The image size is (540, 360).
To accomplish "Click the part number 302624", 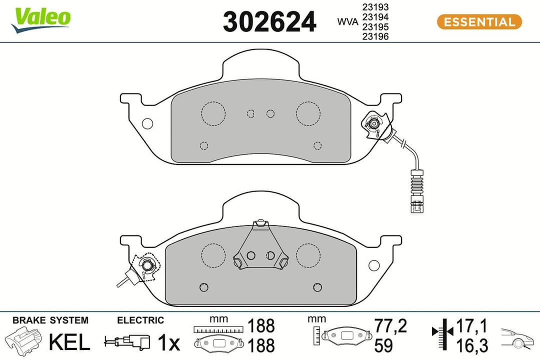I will click(x=269, y=22).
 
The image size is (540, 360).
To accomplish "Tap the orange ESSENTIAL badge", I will click(x=479, y=22).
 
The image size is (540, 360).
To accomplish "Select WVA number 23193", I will click(x=375, y=8).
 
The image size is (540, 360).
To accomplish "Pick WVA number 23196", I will click(x=375, y=36).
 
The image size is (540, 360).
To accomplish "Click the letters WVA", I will click(x=347, y=22).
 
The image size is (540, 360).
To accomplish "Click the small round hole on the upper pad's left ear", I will click(x=147, y=123).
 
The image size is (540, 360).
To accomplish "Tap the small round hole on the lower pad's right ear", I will click(x=373, y=265).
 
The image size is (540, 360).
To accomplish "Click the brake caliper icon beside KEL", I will click(x=24, y=340).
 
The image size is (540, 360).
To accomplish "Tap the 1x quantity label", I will click(x=168, y=343).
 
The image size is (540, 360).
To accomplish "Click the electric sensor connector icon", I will click(x=127, y=342).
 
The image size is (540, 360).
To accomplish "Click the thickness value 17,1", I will click(x=472, y=326).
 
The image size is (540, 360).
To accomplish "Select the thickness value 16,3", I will click(x=472, y=345).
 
